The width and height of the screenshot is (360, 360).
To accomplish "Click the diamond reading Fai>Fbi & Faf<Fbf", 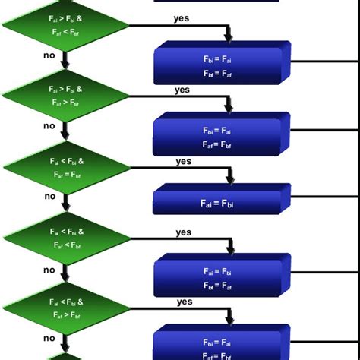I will pyautogui.click(x=65, y=27).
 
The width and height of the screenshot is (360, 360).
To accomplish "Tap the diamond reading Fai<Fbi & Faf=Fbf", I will pyautogui.click(x=65, y=168).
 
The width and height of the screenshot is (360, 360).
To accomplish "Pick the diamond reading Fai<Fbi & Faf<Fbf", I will pyautogui.click(x=65, y=238).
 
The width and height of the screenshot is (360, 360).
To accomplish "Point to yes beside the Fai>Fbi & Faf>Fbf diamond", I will pyautogui.click(x=182, y=90).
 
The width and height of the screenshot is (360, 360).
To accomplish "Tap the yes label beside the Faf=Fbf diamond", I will pyautogui.click(x=183, y=161).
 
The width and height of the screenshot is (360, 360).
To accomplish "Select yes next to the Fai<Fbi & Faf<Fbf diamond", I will pyautogui.click(x=183, y=232).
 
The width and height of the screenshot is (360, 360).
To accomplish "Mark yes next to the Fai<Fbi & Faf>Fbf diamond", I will pyautogui.click(x=185, y=302).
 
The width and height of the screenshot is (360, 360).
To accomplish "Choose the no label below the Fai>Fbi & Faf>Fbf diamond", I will pyautogui.click(x=50, y=126).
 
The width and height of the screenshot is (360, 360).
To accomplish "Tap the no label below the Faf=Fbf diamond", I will pyautogui.click(x=50, y=196).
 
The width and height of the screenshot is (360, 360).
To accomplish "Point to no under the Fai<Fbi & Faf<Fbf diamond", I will pyautogui.click(x=50, y=269).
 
